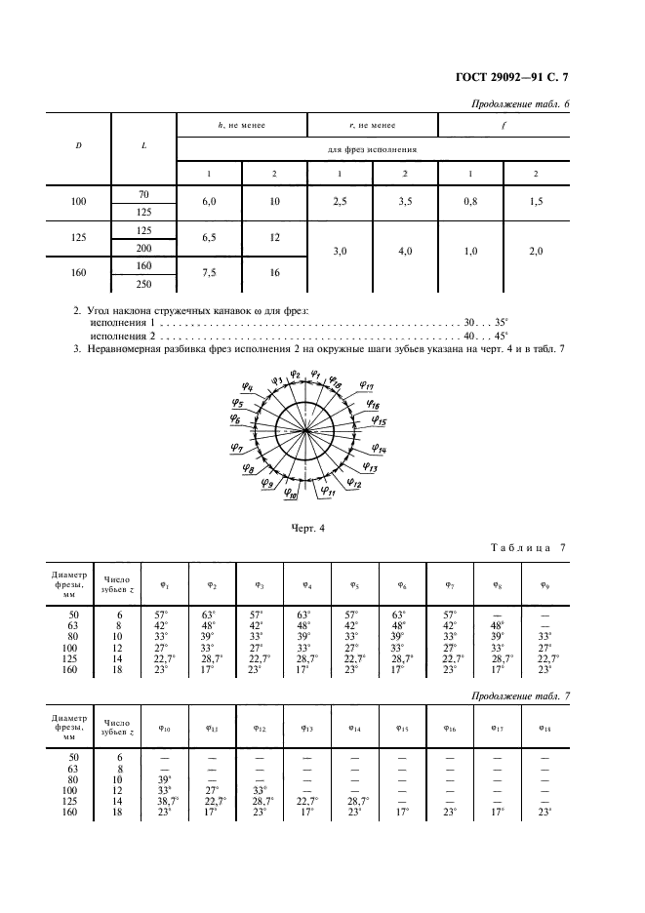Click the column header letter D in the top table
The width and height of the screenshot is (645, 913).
coord(78,146)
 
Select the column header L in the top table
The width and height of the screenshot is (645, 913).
coord(143,146)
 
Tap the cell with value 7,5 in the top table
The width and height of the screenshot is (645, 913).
coord(207,274)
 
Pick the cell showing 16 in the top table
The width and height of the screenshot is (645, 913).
coord(274,274)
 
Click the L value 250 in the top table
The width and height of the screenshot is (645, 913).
coord(143,283)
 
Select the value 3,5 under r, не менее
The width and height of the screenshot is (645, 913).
coord(405,201)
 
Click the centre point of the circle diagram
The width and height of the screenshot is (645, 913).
coord(304,430)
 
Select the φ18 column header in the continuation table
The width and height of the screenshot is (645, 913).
coord(544,727)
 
